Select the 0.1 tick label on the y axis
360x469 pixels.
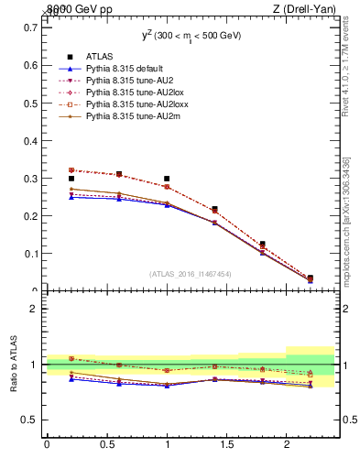pyautogui.click(x=30, y=254)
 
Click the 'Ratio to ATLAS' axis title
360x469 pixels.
pyautogui.click(x=14, y=364)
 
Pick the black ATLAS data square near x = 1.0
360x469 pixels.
pyautogui.click(x=167, y=179)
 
